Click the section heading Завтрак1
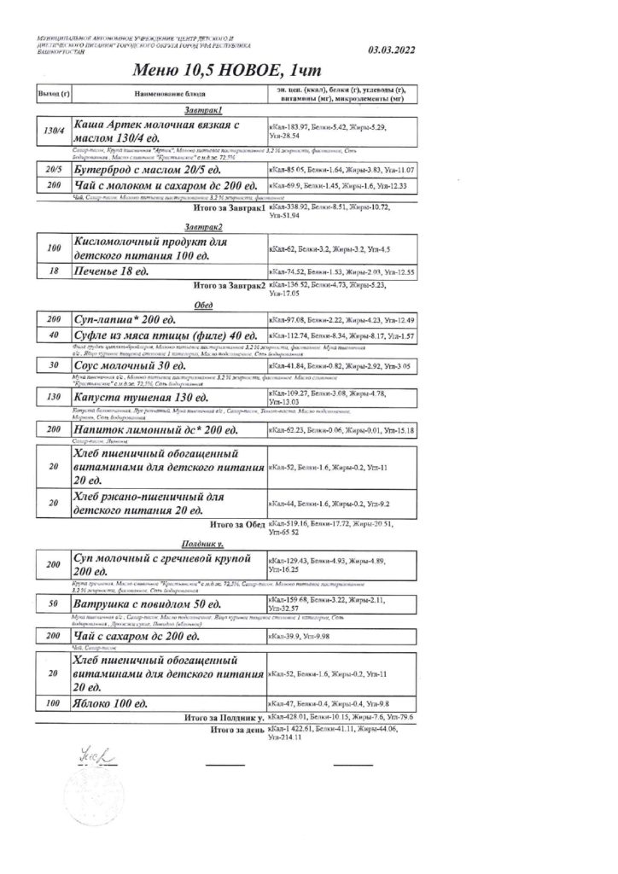pos(203,110)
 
